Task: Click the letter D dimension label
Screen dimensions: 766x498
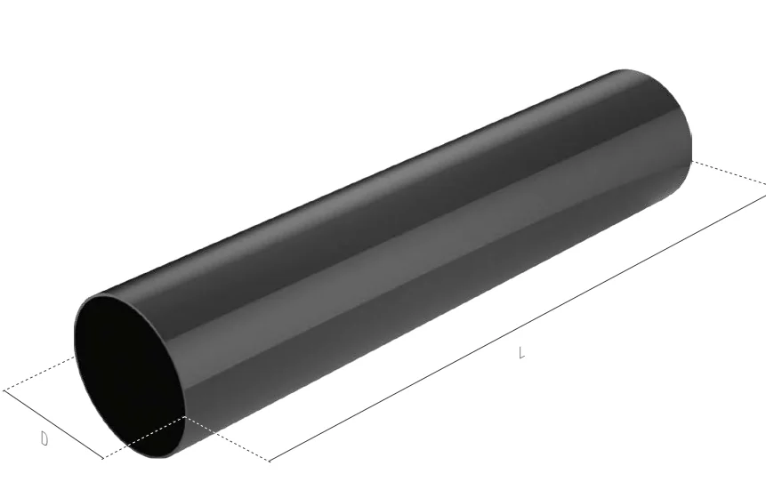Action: point(44,439)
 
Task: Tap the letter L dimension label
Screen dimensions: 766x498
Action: point(521,352)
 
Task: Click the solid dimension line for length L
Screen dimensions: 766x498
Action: point(518,328)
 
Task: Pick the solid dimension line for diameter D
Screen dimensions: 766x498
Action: point(53,424)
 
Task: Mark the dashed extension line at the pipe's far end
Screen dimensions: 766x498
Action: point(729,173)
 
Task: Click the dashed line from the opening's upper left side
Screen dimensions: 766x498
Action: point(39,373)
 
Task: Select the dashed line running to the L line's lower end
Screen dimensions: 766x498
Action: point(227,439)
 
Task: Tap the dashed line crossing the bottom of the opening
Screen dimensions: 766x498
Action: point(144,438)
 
